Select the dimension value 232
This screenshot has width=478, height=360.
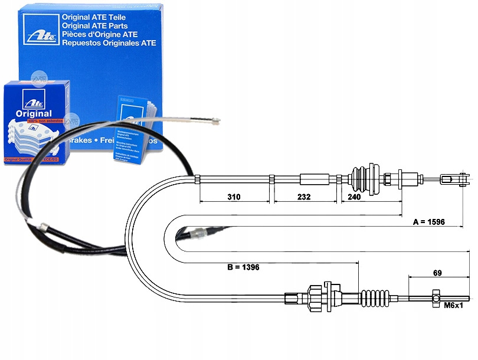[x=303, y=198]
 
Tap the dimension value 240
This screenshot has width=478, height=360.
[x=354, y=198]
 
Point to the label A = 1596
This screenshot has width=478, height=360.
[x=428, y=222]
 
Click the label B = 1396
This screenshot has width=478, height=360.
[x=243, y=267]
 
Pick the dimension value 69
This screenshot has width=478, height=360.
[x=437, y=273]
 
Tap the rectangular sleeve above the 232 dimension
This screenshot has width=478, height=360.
[x=314, y=179]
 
